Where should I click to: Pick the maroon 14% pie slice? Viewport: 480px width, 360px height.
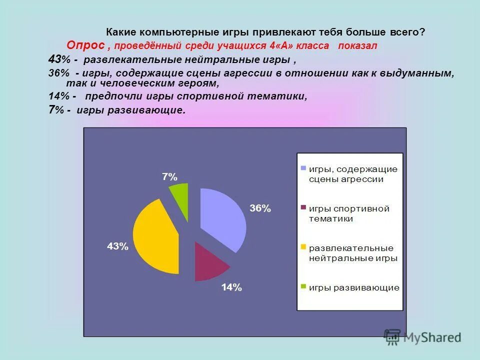(207, 262)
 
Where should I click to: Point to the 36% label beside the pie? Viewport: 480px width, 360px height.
(260, 208)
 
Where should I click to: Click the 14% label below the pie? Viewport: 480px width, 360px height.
(231, 287)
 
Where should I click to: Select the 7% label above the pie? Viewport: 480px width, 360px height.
(169, 176)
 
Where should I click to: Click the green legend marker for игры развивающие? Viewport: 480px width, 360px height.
(303, 287)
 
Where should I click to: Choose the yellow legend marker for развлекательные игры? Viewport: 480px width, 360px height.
(303, 247)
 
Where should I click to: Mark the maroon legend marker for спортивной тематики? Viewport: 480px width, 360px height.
(303, 208)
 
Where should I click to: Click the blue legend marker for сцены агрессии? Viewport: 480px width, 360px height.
(303, 168)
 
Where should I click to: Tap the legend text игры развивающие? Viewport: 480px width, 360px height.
(354, 287)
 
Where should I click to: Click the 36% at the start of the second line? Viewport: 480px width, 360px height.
(58, 73)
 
